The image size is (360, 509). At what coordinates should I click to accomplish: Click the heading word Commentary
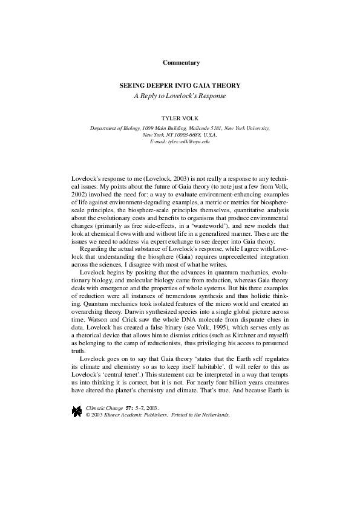pos(181,63)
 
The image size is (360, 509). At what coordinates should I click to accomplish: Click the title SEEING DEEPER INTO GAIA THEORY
pos(180,86)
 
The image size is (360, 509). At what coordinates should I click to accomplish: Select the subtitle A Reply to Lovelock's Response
pos(180,96)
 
